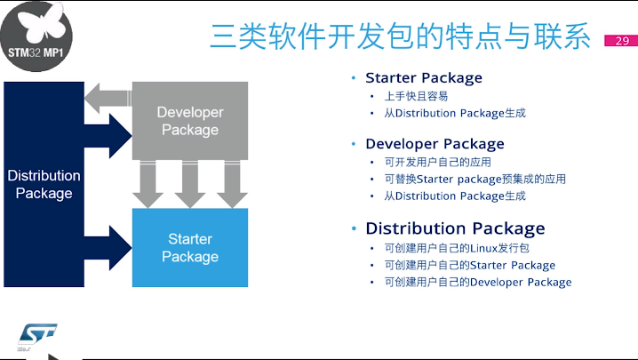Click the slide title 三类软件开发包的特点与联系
tap(400, 36)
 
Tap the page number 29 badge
tap(621, 41)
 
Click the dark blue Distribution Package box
tap(44, 184)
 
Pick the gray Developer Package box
tap(189, 122)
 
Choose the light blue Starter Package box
tap(189, 248)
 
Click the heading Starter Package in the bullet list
tap(423, 77)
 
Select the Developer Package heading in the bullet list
tap(434, 144)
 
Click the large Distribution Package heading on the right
tap(455, 228)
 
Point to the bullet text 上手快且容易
tap(416, 96)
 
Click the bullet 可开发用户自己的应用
tap(437, 162)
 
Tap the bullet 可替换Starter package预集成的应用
tap(475, 179)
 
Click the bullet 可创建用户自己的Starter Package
tap(469, 265)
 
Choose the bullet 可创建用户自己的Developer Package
tap(477, 282)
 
